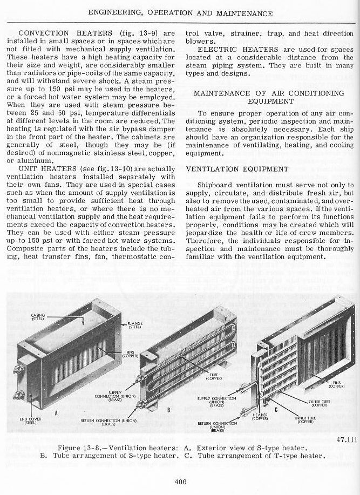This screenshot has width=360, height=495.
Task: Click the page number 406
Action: coord(181,482)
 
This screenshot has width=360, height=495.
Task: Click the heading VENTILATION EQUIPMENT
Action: coord(229,169)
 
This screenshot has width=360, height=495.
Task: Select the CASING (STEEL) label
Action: coord(37,317)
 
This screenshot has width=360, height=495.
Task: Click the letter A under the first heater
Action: coord(56,413)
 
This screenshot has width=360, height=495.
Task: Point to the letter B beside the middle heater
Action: coord(169,410)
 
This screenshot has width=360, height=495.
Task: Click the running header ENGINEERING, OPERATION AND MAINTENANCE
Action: coord(180,12)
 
